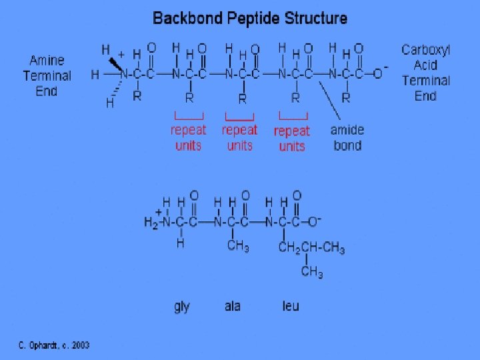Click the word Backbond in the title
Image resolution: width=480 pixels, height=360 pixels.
click(183, 18)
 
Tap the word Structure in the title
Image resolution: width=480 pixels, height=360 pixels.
click(311, 18)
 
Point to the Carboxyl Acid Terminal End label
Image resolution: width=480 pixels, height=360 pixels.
click(426, 73)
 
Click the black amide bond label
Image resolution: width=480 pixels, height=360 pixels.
click(347, 137)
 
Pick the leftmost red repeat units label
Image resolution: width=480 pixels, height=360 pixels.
click(189, 137)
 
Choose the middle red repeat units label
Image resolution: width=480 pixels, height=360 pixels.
click(240, 137)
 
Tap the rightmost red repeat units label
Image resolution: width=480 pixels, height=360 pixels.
click(292, 138)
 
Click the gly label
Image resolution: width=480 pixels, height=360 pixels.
click(182, 307)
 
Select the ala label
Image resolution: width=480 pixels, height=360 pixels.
click(233, 307)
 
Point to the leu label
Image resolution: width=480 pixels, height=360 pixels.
click(291, 307)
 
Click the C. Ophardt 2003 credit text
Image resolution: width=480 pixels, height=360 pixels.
click(54, 345)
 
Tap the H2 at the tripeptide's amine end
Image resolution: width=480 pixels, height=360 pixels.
click(152, 223)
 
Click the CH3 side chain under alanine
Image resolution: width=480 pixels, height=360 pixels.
click(238, 247)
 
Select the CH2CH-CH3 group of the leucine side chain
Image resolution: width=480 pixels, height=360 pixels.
click(311, 249)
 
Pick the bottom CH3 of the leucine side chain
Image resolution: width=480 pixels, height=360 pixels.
click(311, 272)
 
